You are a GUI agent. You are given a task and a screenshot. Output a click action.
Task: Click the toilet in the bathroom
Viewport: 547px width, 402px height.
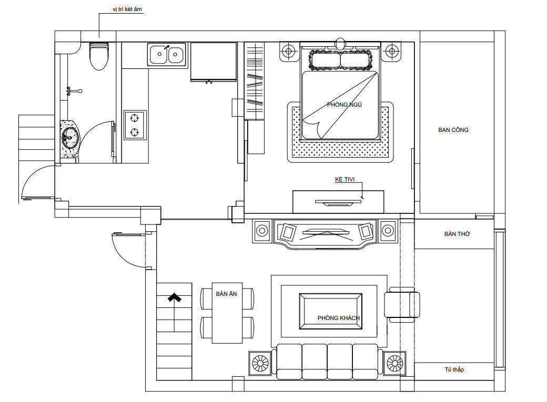(x=99, y=56)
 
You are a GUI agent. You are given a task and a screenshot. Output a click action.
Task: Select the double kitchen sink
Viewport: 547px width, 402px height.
(x=167, y=54)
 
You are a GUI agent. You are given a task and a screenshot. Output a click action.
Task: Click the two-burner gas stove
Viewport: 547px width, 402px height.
(x=135, y=125)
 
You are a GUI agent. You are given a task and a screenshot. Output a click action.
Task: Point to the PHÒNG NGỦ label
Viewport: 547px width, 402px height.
(x=345, y=105)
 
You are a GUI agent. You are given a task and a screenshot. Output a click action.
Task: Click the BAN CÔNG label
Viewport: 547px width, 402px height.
(x=453, y=130)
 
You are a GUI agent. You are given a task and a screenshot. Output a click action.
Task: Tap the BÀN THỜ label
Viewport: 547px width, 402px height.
(x=457, y=234)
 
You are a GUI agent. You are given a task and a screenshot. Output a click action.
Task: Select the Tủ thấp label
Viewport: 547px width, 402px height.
(x=454, y=369)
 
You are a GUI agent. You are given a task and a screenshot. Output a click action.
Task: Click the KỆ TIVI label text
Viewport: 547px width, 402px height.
(x=345, y=179)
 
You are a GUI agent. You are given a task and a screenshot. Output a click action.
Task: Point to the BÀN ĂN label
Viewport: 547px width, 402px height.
(x=226, y=294)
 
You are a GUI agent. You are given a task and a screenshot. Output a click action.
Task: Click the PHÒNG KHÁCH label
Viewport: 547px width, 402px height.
(x=338, y=318)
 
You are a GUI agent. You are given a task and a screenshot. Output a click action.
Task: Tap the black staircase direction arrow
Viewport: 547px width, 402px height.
(x=175, y=297)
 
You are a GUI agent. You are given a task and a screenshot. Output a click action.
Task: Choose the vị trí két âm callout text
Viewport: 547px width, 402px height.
(x=127, y=9)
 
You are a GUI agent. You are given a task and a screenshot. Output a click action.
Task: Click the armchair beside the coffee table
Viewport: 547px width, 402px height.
(x=402, y=305)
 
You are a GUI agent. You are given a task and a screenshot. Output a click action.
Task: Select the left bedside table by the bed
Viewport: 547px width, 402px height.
(x=289, y=51)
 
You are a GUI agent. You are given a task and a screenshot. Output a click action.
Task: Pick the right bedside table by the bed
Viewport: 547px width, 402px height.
(x=392, y=51)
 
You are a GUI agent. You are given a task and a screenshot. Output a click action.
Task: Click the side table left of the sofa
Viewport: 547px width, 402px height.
(x=260, y=363)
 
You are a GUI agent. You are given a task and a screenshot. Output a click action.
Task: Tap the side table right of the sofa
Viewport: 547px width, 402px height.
(x=394, y=363)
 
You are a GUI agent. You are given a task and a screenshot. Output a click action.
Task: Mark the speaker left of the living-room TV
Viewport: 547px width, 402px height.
(x=262, y=231)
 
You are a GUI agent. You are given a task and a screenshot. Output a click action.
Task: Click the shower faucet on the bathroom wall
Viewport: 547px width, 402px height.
(x=74, y=91)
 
